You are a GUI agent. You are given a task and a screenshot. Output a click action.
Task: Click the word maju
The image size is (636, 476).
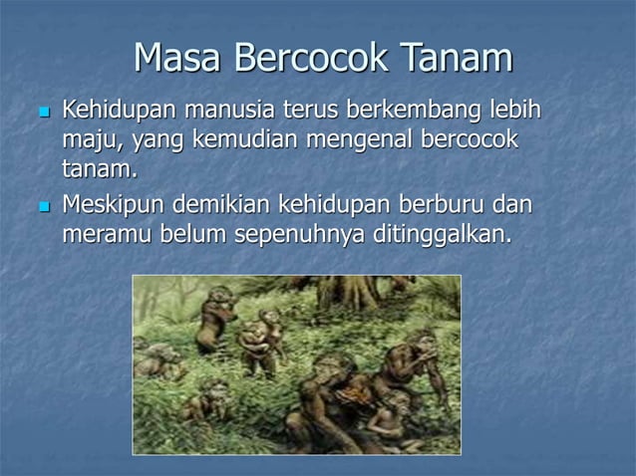[88, 138]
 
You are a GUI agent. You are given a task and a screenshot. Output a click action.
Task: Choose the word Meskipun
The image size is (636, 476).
[115, 206]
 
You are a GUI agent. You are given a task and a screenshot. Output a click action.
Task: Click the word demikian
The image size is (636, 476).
[223, 206]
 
